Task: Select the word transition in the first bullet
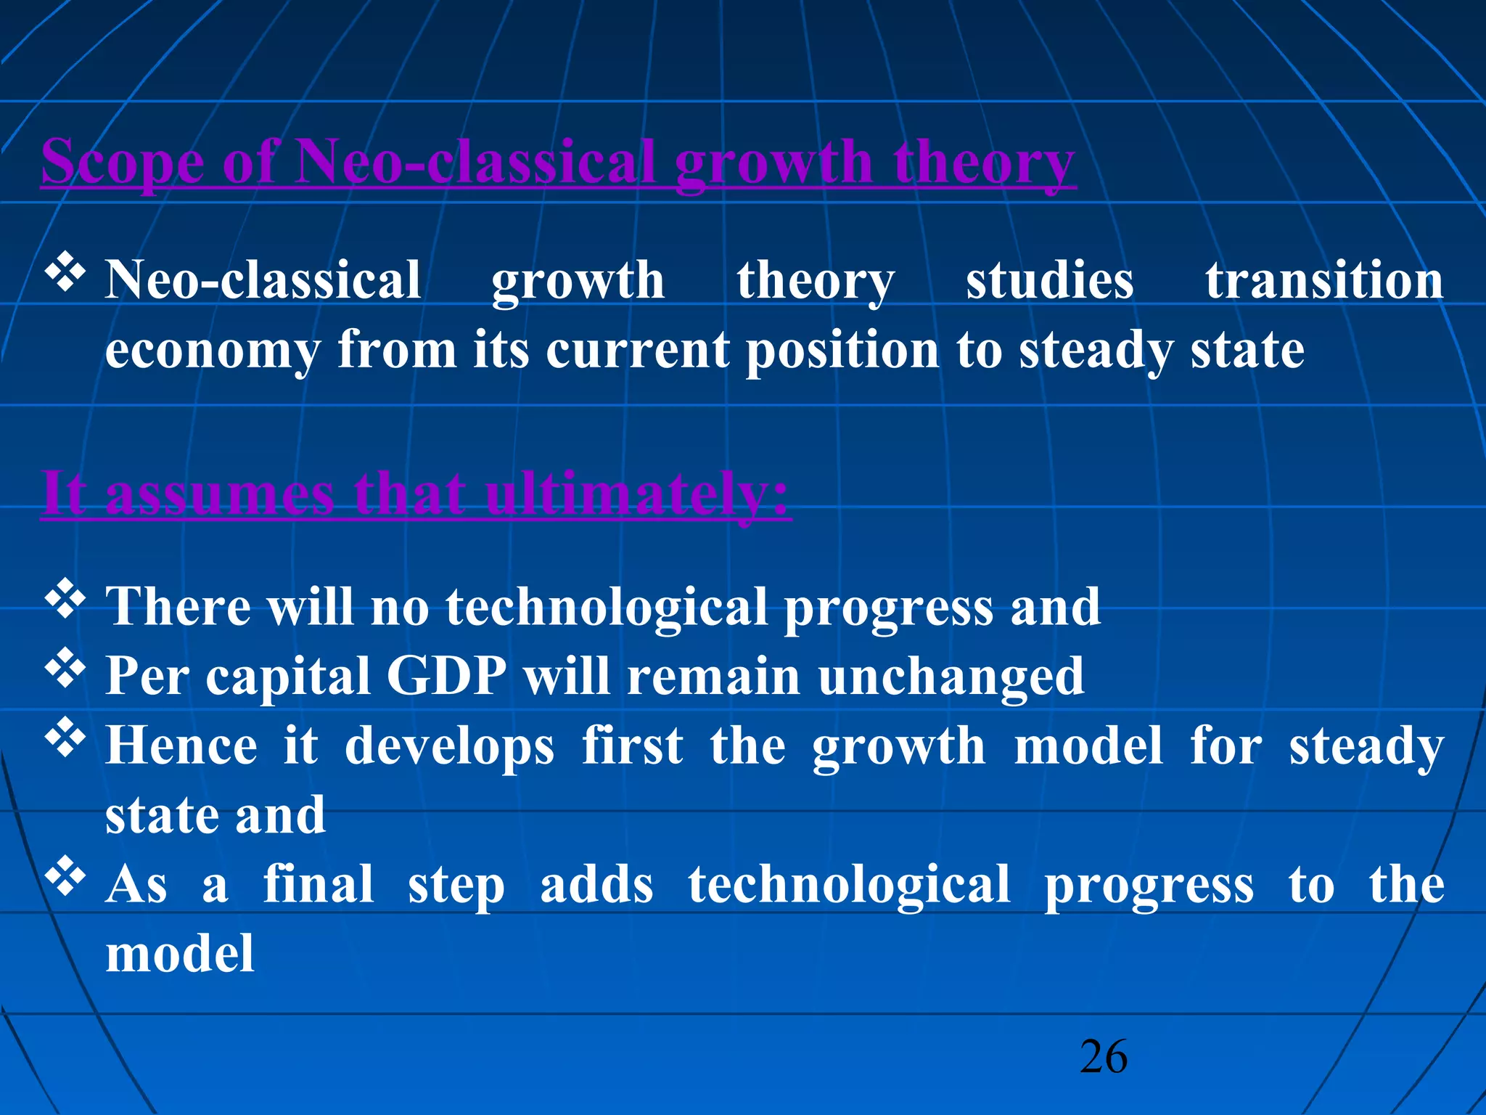pos(1324,280)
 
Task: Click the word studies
pos(1049,280)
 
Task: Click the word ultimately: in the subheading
pos(637,494)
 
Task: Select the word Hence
pos(181,746)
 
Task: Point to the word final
pos(318,885)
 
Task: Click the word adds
pos(596,885)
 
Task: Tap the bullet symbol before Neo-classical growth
pos(65,272)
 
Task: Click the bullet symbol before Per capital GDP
pos(65,668)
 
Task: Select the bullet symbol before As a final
pos(65,876)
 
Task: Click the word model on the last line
pos(180,954)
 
